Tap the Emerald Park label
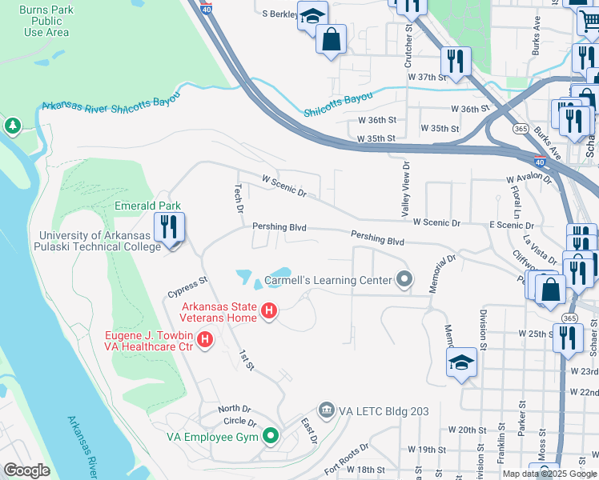click(147, 206)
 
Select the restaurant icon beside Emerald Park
click(168, 229)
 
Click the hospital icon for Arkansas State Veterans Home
click(270, 310)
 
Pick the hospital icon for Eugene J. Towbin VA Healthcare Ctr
click(205, 341)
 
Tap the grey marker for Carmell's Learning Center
click(405, 279)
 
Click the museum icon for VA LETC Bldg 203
click(326, 410)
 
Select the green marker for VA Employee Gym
click(271, 436)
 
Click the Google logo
click(27, 470)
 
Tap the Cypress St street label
click(187, 286)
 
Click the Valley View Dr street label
click(406, 189)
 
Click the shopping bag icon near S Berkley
click(331, 39)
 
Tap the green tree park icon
click(12, 126)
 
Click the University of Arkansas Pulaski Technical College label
click(100, 241)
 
